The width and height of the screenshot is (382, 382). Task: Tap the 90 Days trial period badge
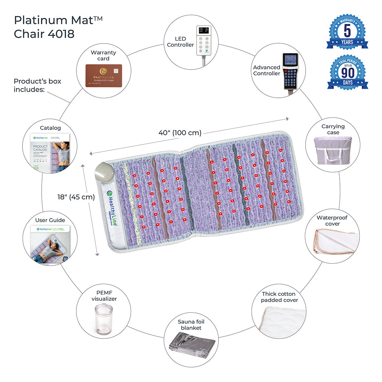347,73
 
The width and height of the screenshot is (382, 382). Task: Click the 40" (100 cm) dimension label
180,133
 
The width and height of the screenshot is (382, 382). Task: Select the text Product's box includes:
37,85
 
